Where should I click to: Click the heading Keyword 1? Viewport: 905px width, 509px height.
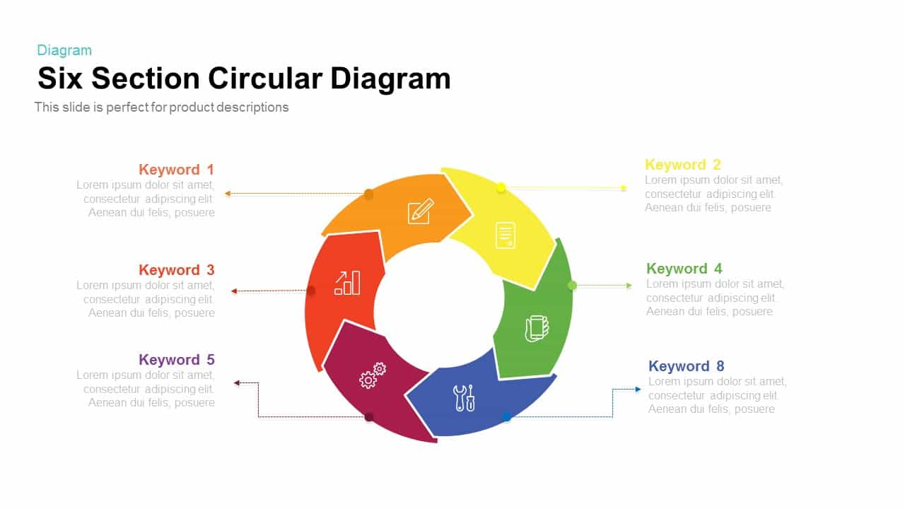point(177,170)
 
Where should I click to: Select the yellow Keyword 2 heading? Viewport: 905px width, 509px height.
point(683,165)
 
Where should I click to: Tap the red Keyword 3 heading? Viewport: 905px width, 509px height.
point(177,270)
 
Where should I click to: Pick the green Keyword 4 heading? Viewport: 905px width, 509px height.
point(684,269)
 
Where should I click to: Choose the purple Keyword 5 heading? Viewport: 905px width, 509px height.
point(177,360)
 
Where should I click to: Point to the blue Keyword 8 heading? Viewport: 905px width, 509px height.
point(687,366)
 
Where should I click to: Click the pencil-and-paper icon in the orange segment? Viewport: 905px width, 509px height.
point(421,211)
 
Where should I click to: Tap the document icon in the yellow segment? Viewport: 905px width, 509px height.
point(506,235)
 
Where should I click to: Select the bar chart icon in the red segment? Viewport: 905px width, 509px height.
point(347,283)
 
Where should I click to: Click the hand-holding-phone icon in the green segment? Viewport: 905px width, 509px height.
point(537,329)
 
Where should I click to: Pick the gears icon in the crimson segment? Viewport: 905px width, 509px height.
point(373,375)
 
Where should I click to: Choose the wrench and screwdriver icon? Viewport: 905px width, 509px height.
point(464,398)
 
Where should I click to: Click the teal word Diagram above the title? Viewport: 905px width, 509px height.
point(64,50)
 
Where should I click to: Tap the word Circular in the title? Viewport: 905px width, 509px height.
point(265,78)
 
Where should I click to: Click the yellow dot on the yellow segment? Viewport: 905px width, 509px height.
point(501,188)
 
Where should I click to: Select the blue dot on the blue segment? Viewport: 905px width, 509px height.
point(507,416)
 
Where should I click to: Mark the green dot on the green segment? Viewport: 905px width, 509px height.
point(572,286)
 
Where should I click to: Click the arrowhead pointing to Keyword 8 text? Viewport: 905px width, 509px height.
point(638,390)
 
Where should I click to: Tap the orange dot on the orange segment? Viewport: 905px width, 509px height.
point(368,194)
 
